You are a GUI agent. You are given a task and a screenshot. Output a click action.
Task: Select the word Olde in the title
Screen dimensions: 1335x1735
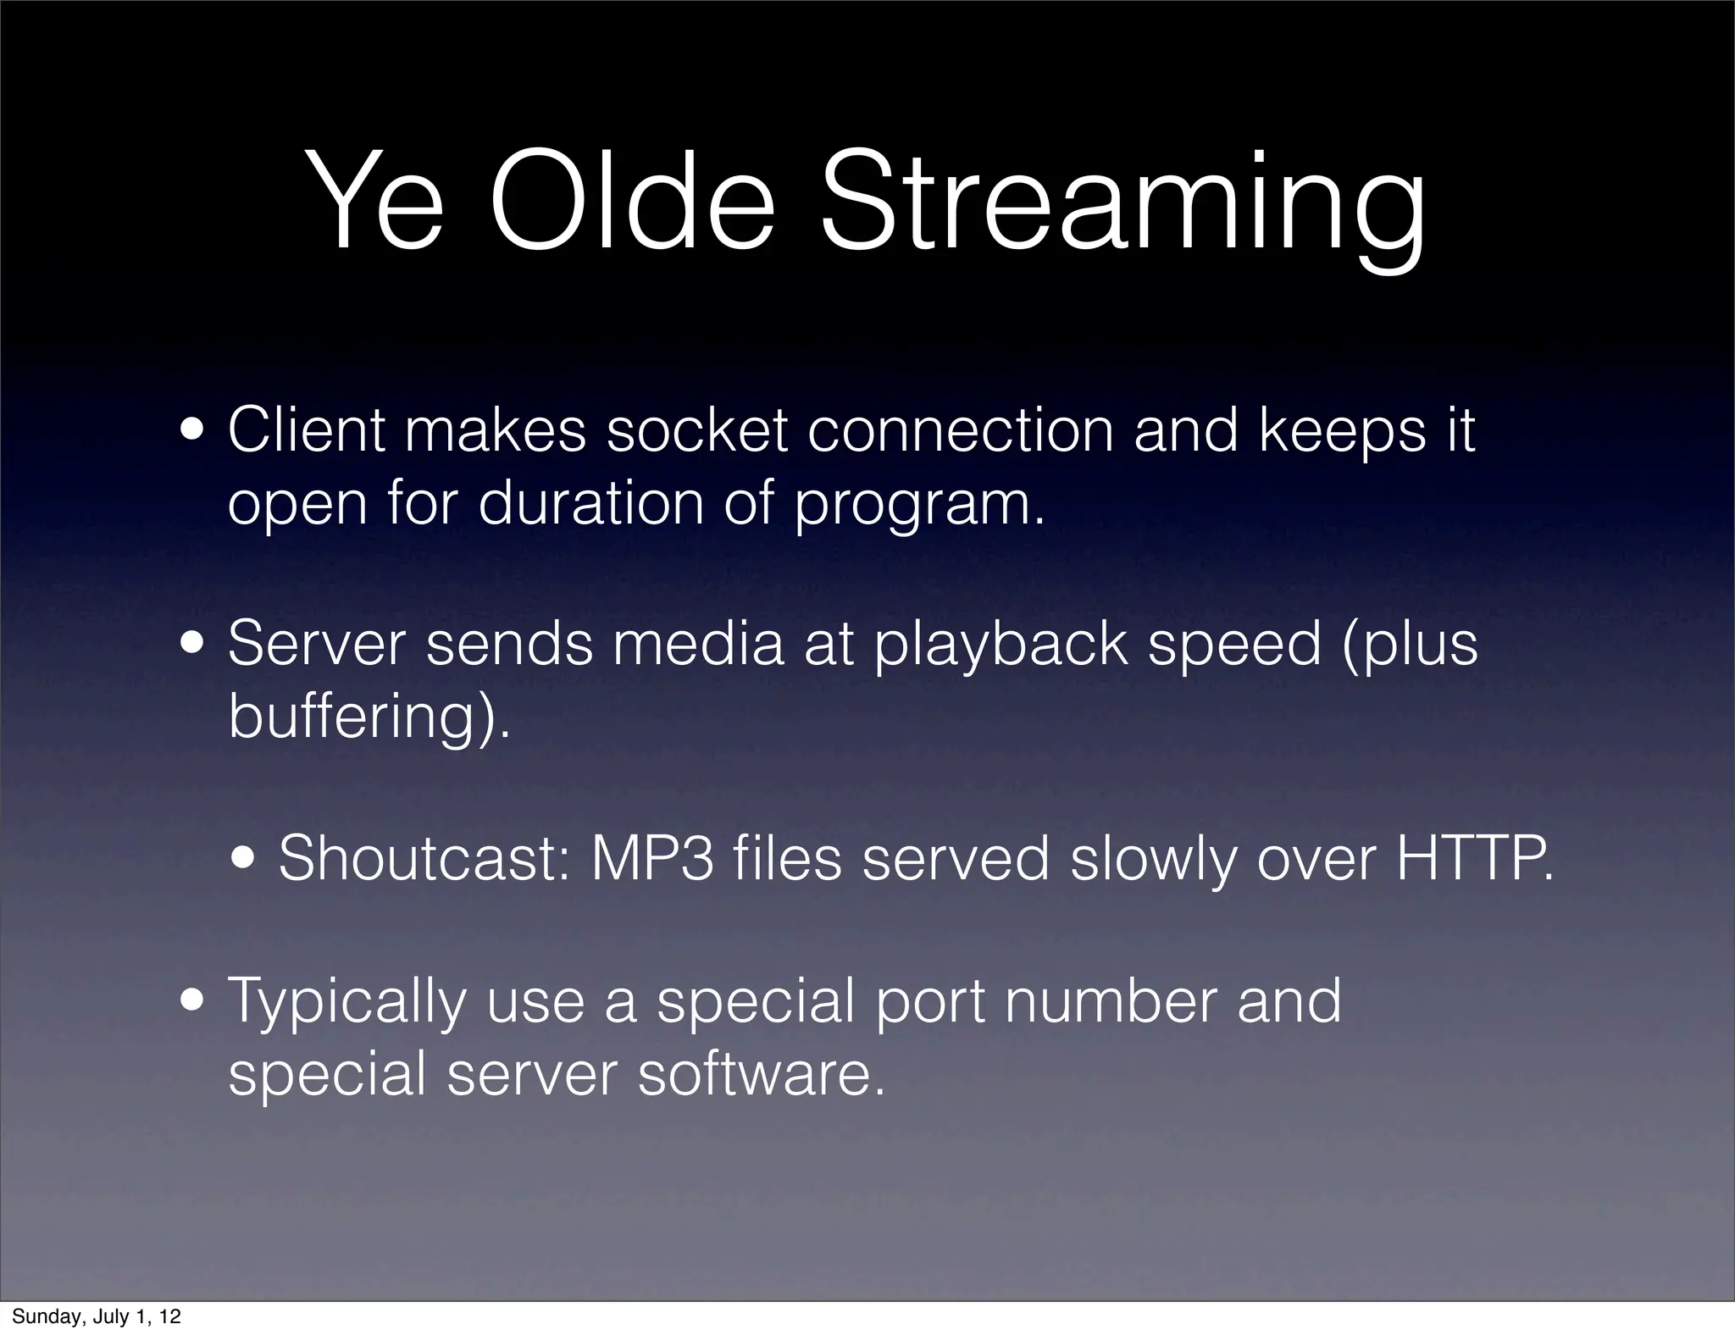tap(632, 203)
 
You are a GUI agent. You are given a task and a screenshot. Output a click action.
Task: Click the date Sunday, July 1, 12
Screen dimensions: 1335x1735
tap(96, 1316)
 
